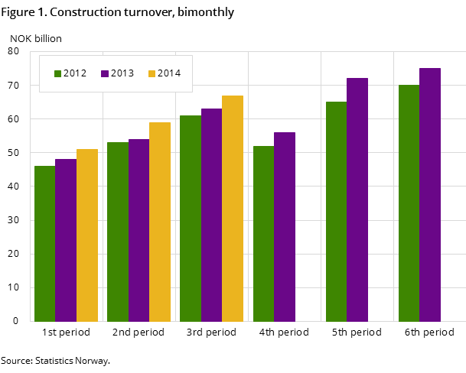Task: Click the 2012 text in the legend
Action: [x=75, y=73]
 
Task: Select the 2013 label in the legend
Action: [x=122, y=73]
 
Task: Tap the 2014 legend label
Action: [x=169, y=73]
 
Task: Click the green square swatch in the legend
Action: [x=57, y=74]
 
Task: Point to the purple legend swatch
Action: [x=105, y=74]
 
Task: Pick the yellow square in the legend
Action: [x=152, y=74]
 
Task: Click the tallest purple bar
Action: [x=430, y=195]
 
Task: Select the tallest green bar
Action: [x=409, y=203]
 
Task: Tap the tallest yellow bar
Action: [x=233, y=209]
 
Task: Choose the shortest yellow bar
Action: [x=87, y=235]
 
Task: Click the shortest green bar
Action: [x=44, y=244]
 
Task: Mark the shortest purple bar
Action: [x=66, y=240]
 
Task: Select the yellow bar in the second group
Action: [x=160, y=222]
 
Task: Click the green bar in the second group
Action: [x=118, y=232]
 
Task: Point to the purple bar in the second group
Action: [x=138, y=230]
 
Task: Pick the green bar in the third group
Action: [x=191, y=219]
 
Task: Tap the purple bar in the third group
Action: [x=211, y=215]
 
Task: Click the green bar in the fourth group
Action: [x=263, y=234]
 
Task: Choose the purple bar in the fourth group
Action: [x=285, y=227]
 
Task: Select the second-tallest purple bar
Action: [x=357, y=199]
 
